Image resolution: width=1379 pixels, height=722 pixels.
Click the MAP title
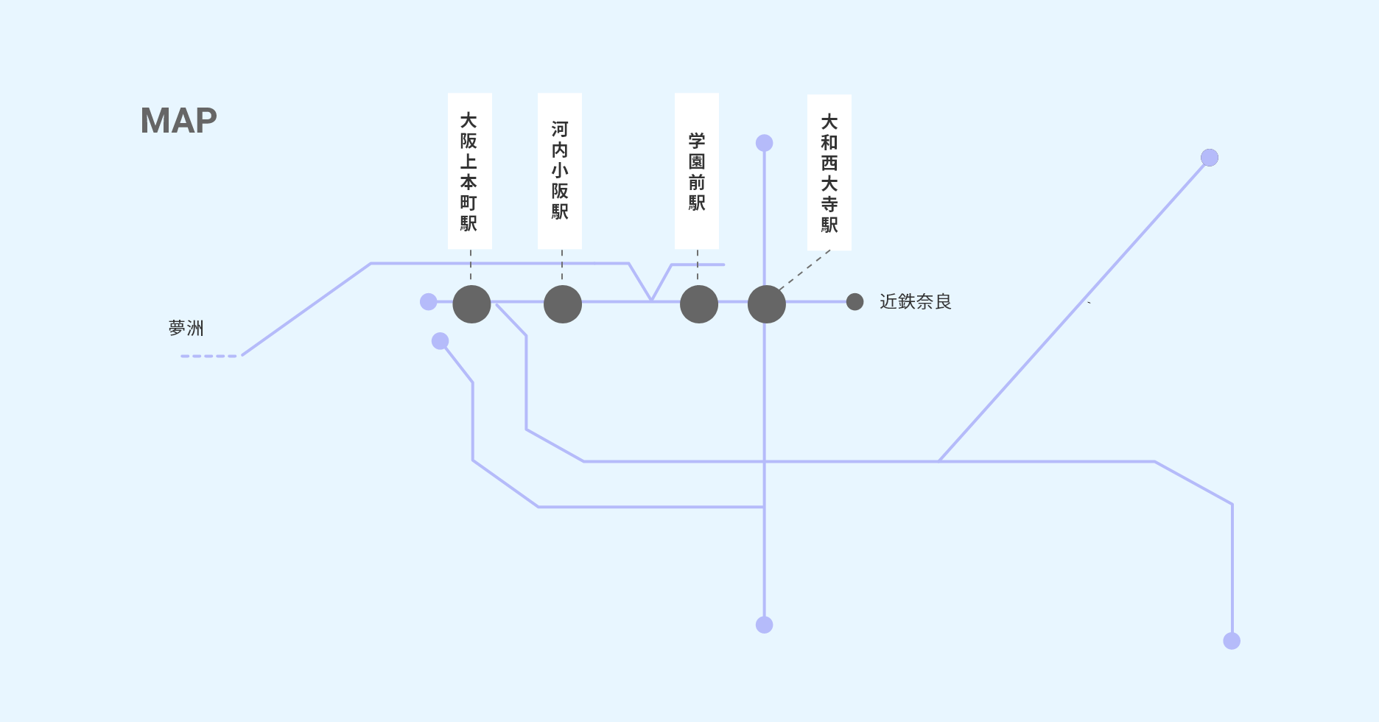coord(178,121)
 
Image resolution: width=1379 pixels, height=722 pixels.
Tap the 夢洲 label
coord(186,328)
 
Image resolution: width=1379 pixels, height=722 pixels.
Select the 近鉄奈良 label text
coord(915,301)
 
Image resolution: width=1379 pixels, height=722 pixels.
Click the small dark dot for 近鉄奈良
coord(855,301)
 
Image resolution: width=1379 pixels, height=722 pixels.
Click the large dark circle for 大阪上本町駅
coord(471,304)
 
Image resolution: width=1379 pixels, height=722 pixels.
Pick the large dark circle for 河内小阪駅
coord(562,304)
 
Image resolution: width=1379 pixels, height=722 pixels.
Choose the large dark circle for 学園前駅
coord(698,304)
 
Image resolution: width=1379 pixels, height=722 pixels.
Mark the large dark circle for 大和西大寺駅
coord(766,304)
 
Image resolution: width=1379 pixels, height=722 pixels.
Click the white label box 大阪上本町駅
coord(469,171)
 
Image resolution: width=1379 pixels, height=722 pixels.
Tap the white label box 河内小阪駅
coord(559,171)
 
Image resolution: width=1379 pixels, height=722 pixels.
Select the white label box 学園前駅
coord(696,171)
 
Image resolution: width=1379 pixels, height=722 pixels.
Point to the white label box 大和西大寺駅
coord(829,172)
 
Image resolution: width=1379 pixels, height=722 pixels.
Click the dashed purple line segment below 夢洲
coord(209,356)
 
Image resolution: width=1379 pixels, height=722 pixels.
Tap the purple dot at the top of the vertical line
coord(764,143)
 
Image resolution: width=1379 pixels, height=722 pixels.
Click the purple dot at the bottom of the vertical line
coord(764,625)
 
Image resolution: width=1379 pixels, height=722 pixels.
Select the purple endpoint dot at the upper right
coord(1209,158)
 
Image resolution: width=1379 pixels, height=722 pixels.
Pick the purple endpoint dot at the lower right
coord(1231,641)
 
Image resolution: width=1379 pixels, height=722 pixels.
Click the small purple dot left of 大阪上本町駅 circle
coord(428,301)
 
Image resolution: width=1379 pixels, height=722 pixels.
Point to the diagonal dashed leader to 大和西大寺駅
coord(804,270)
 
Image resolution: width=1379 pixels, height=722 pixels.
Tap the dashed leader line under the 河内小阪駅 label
coord(562,265)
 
